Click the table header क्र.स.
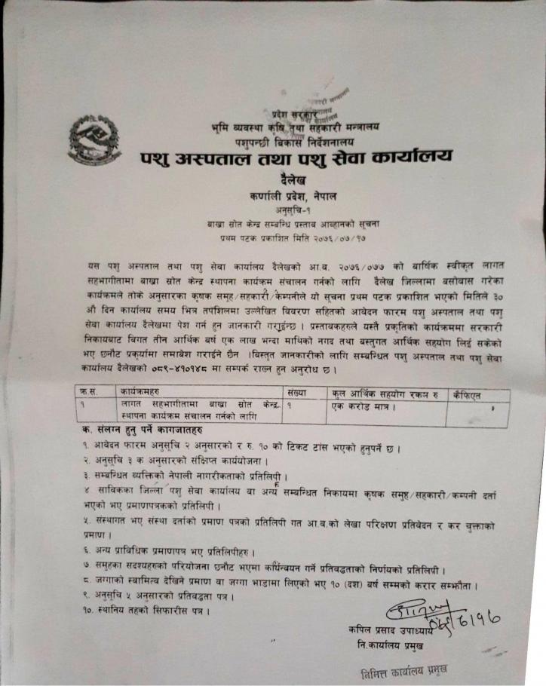93,393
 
